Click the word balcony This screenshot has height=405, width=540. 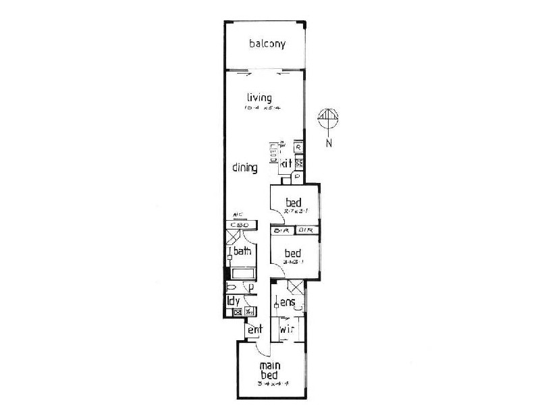tap(267, 45)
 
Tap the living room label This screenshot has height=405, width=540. tap(259, 98)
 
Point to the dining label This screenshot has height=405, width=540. tap(244, 168)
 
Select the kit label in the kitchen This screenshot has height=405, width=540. tap(286, 163)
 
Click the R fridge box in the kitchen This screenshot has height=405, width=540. tap(298, 146)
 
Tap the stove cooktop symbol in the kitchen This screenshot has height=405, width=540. tap(298, 163)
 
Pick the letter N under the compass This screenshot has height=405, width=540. tap(328, 142)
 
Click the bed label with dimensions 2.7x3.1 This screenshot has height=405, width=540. tap(292, 202)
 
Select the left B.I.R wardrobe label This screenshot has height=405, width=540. tap(281, 231)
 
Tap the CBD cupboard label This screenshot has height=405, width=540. tap(240, 225)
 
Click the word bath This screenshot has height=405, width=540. tap(242, 252)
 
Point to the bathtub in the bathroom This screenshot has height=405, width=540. tap(241, 273)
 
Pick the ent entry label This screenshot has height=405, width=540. tap(254, 330)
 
